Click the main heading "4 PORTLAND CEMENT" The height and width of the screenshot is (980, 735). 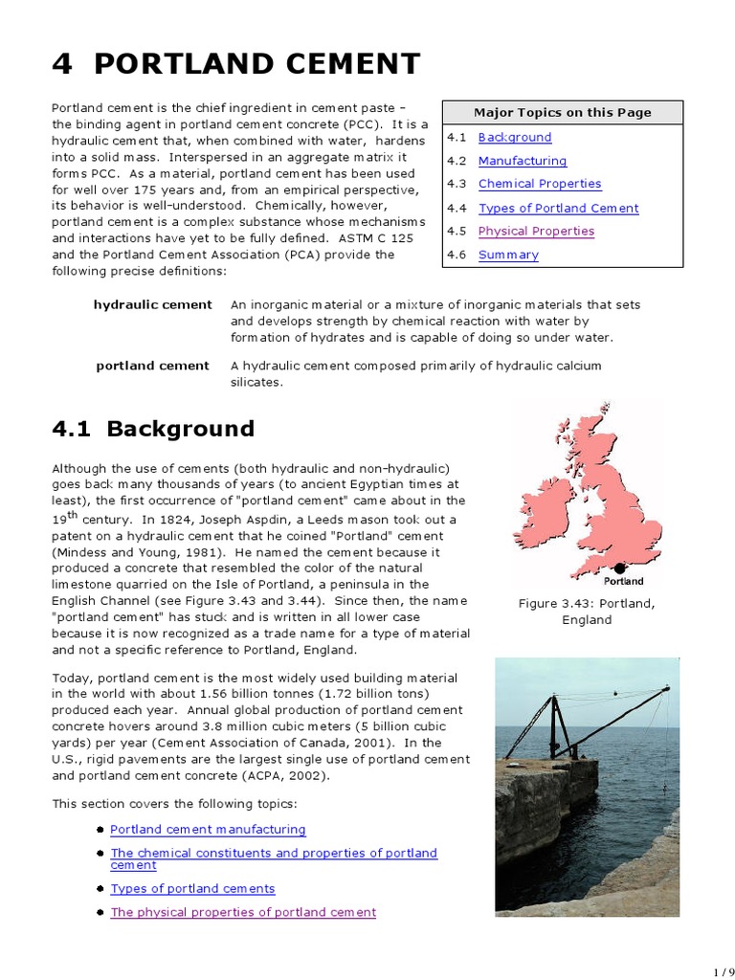235,64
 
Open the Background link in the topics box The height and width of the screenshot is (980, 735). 515,138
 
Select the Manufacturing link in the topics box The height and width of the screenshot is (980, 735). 523,161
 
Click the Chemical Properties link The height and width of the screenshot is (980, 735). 540,184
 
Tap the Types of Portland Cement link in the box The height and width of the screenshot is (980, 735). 558,208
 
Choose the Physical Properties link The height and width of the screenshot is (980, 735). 536,231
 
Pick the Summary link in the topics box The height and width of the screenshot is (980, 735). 508,255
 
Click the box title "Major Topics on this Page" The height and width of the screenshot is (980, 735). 563,112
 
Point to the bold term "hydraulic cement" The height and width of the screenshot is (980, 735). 152,304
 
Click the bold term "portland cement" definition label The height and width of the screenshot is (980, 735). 152,366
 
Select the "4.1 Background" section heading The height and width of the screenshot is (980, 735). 153,429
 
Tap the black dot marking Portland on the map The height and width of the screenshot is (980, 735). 619,568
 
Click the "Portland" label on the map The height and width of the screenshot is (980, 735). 624,581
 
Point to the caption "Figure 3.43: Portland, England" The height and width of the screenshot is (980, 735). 587,612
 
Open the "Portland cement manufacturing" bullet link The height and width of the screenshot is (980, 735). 208,830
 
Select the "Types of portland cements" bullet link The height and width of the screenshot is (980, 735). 192,889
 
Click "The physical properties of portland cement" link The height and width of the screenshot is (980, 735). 243,912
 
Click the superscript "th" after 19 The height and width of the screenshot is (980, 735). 73,514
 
